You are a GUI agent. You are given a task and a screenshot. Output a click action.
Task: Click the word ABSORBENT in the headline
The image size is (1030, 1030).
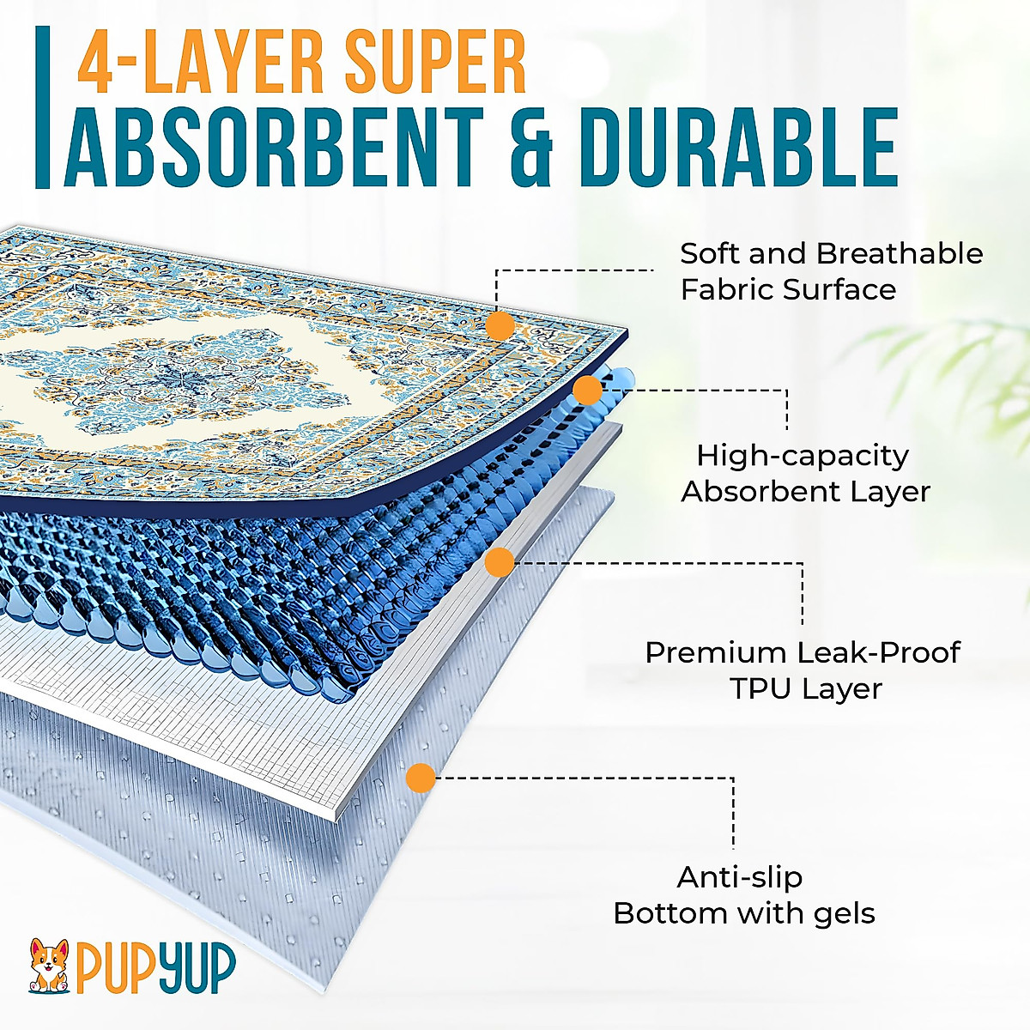coord(275,146)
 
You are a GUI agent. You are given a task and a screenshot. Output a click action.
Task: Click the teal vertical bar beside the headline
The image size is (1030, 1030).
coord(42,107)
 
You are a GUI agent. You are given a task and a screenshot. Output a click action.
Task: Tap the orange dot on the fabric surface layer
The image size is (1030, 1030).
coord(500,326)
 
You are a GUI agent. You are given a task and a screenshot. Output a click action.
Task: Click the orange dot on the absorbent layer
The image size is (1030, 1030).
coord(587,391)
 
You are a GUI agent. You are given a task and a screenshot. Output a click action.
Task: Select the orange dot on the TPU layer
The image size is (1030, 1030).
coord(500,562)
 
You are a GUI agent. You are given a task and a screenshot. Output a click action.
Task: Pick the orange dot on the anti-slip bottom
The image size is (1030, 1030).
coord(420,778)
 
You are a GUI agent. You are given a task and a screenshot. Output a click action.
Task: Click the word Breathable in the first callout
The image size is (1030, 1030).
coord(900,254)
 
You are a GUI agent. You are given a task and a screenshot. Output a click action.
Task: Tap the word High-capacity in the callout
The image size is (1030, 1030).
coord(803,456)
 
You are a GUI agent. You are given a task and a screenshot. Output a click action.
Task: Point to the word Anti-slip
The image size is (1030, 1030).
coord(739,877)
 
